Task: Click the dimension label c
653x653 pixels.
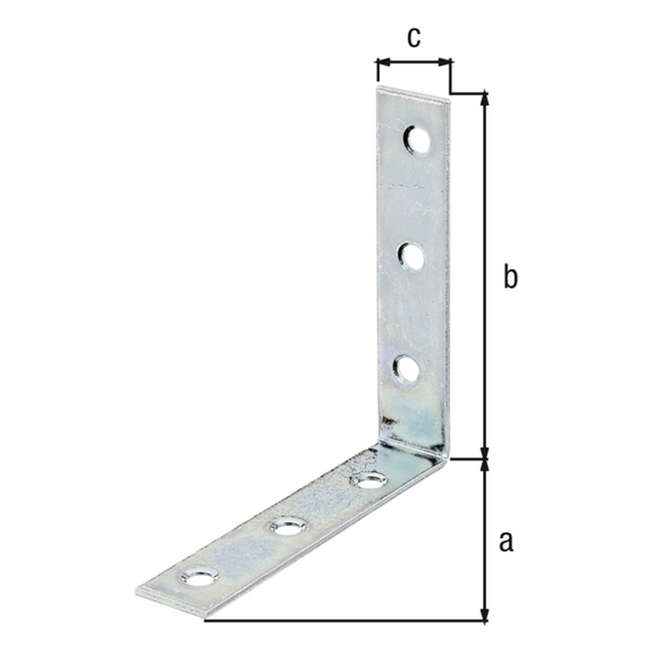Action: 414,38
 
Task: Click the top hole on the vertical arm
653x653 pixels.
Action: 417,139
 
